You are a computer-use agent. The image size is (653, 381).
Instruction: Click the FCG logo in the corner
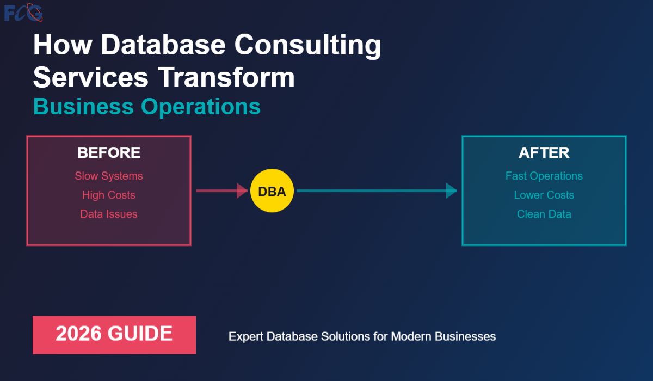[x=23, y=13]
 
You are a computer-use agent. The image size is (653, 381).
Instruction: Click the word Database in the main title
[x=163, y=45]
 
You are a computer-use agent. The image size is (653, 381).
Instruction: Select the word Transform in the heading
[x=226, y=77]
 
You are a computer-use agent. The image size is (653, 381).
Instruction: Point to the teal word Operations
[x=201, y=107]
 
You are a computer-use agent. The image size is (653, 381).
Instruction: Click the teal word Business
[x=83, y=106]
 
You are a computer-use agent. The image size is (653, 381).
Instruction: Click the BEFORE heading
[x=109, y=152]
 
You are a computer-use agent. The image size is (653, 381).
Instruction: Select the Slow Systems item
[x=109, y=176]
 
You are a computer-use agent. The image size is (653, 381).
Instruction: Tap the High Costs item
[x=109, y=195]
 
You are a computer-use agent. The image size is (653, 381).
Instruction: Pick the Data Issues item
[x=109, y=214]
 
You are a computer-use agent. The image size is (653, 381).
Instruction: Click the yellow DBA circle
[x=272, y=190]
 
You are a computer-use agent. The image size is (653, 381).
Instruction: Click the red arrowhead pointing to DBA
[x=242, y=190]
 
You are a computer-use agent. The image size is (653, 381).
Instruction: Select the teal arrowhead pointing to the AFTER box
[x=452, y=190]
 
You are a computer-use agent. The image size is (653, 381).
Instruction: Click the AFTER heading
[x=544, y=152]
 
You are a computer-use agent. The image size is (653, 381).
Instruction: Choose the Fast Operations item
[x=544, y=176]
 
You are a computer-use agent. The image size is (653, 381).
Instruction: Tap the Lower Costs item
[x=544, y=195]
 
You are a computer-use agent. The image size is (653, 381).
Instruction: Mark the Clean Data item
[x=544, y=214]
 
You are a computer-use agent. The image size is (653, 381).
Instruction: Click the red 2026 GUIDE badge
[x=114, y=335]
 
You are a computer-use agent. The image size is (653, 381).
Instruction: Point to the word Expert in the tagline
[x=246, y=337]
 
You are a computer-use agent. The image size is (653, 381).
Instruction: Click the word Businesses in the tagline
[x=465, y=336]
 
